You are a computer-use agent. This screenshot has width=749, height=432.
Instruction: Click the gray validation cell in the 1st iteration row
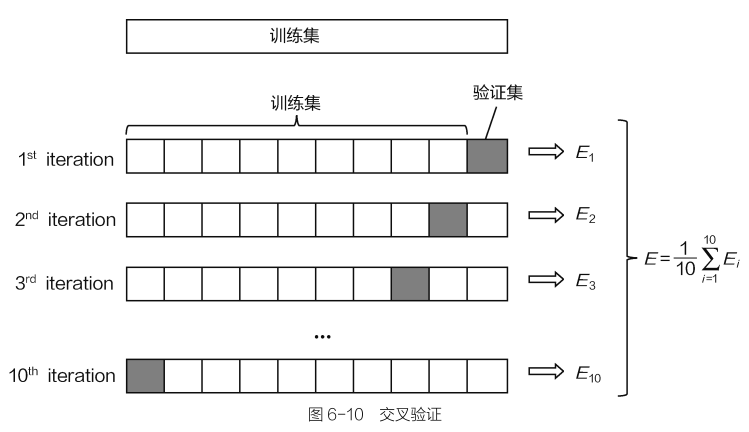487,157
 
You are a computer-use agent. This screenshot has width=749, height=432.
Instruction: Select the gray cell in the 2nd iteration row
449,220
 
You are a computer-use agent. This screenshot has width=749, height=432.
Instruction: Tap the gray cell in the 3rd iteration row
411,283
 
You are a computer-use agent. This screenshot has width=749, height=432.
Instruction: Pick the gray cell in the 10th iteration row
145,376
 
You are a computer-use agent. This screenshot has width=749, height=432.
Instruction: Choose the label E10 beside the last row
588,376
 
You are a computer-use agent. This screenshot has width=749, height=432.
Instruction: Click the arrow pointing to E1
545,156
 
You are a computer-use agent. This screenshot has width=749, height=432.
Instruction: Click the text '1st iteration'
65,158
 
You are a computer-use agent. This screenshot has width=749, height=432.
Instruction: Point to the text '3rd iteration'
65,283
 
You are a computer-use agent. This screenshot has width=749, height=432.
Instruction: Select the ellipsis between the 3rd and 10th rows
322,337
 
